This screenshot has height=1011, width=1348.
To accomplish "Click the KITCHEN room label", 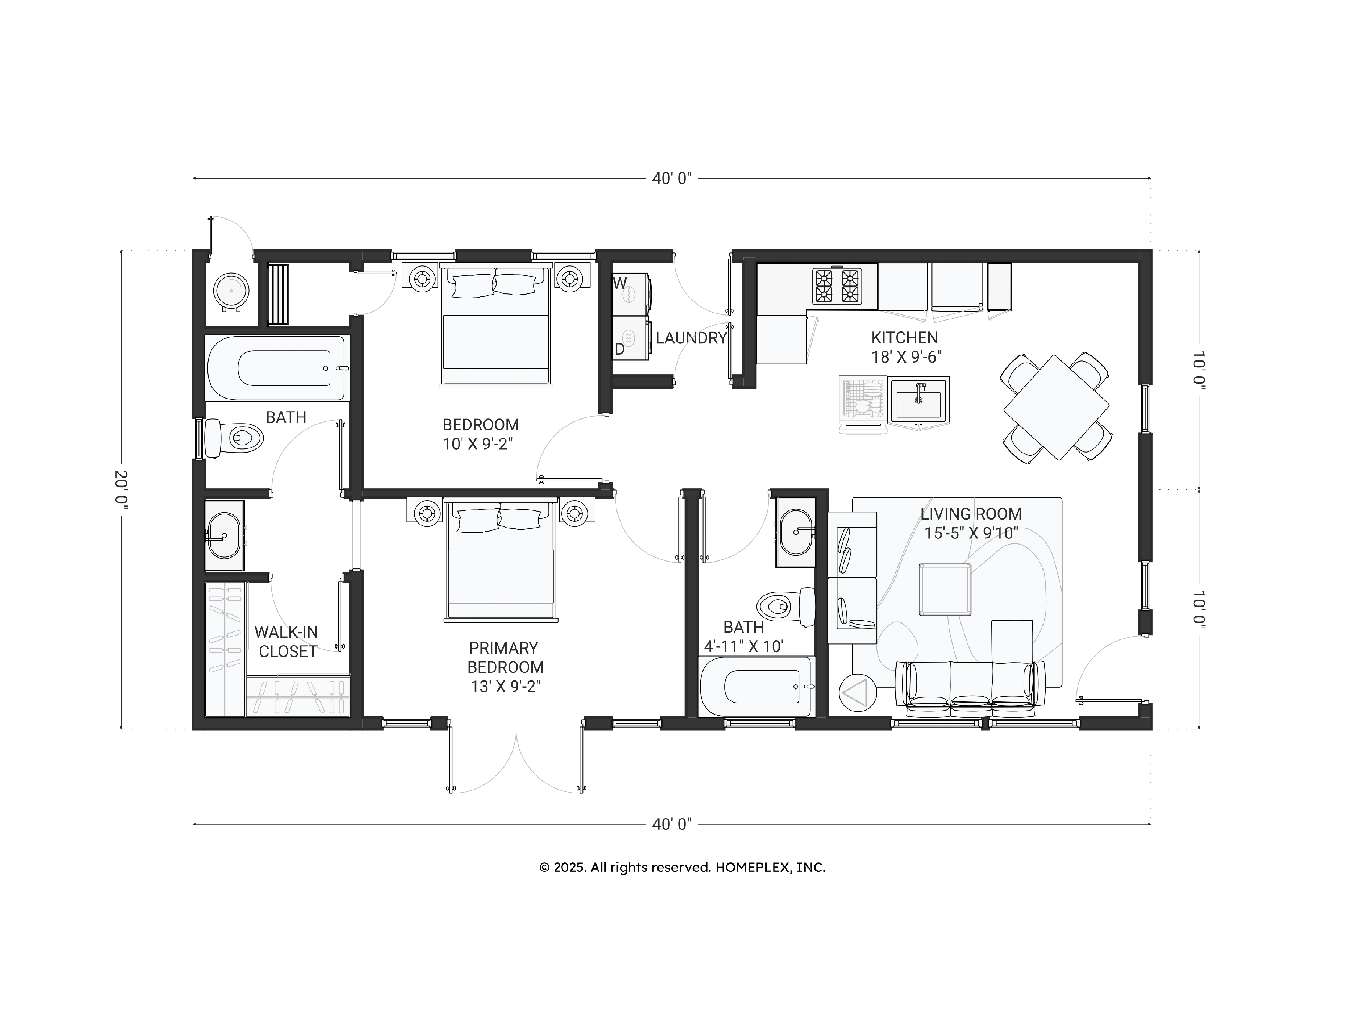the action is pos(904,338).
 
